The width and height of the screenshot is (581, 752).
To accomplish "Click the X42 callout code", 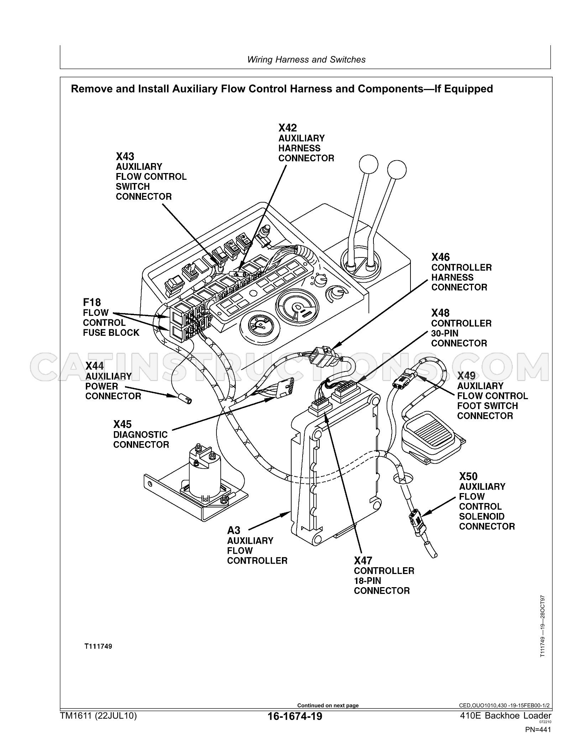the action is point(287,128).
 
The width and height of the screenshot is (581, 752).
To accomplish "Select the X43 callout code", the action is point(125,156).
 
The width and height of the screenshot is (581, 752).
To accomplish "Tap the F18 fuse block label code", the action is point(92,303).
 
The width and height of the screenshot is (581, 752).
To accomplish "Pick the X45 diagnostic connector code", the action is point(122,424).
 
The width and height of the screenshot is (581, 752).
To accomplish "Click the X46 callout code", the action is point(441,257).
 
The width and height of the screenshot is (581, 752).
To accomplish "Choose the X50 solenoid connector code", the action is point(469,476).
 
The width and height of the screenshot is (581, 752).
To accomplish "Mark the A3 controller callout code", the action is point(234,531).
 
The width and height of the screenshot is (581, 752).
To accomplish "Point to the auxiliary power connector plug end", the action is point(184,398).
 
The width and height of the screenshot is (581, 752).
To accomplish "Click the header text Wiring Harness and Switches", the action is point(307,60).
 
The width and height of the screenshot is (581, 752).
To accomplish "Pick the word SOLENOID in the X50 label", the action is point(482,516).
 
